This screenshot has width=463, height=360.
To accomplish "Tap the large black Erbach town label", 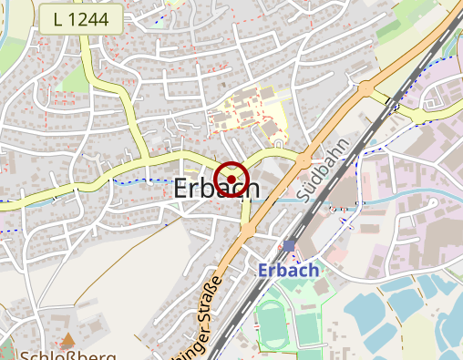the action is point(216,190).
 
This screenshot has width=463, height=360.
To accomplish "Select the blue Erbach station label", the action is point(288,271).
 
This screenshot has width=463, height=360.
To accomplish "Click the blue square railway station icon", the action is point(289,246).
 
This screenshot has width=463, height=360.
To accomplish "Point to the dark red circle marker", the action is point(232,177).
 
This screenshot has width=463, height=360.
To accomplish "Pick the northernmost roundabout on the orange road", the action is point(366,89).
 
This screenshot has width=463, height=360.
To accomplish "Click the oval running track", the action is point(270,320).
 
